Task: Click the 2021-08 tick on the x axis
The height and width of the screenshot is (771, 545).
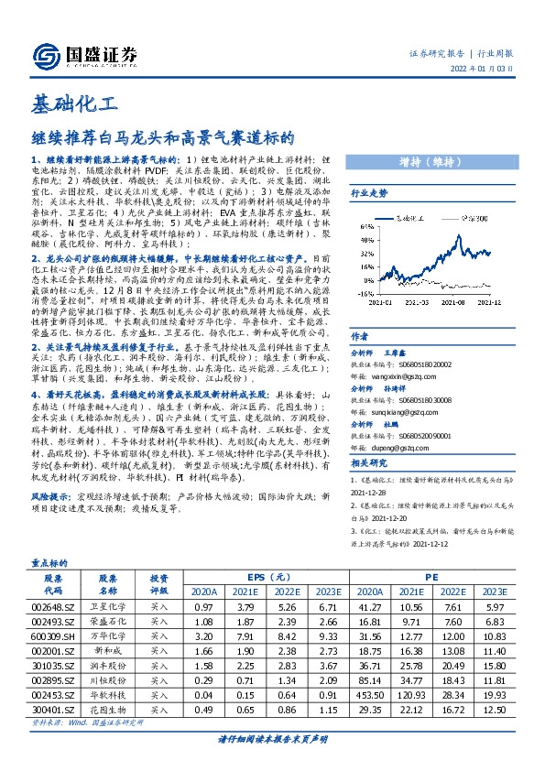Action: tap(458, 300)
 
